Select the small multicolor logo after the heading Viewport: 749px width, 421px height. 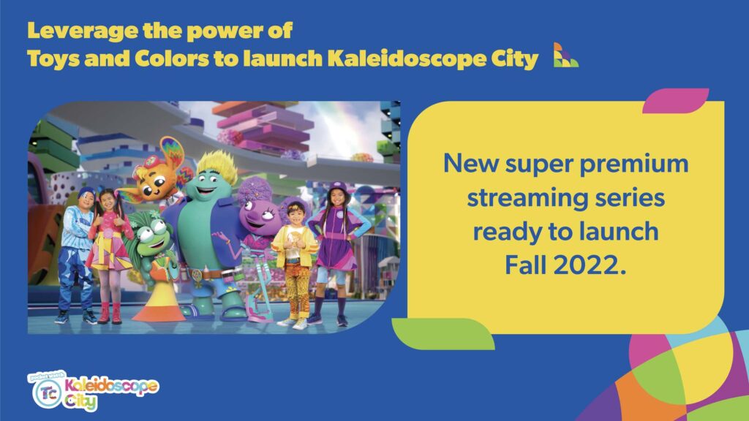point(565,55)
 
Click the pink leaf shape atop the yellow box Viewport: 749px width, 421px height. point(675,101)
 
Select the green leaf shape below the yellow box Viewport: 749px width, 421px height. point(443,333)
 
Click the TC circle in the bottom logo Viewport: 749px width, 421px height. point(48,393)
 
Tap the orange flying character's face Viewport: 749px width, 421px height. point(154,182)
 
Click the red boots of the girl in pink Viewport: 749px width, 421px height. point(110,313)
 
